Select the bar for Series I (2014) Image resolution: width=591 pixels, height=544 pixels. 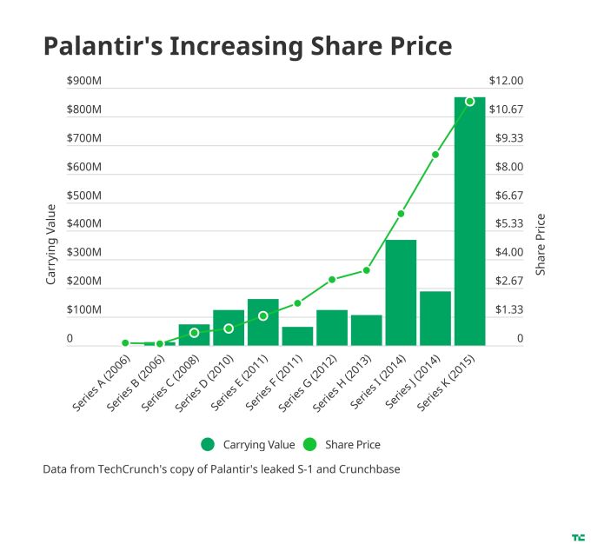[x=401, y=292]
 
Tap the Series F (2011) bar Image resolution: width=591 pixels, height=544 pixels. [x=297, y=335]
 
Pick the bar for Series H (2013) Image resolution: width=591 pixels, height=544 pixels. [x=366, y=329]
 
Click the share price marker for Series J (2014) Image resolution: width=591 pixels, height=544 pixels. [x=435, y=155]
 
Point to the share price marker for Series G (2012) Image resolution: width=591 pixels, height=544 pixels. [x=332, y=280]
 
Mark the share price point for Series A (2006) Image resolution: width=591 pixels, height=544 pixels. [x=125, y=343]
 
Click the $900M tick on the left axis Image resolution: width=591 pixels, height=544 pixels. [x=84, y=82]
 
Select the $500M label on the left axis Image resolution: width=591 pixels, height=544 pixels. [x=84, y=196]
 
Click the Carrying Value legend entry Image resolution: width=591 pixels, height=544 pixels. [x=248, y=445]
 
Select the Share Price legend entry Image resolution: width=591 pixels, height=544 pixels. [x=343, y=445]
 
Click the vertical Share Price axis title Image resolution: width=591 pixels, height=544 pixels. [x=541, y=245]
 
